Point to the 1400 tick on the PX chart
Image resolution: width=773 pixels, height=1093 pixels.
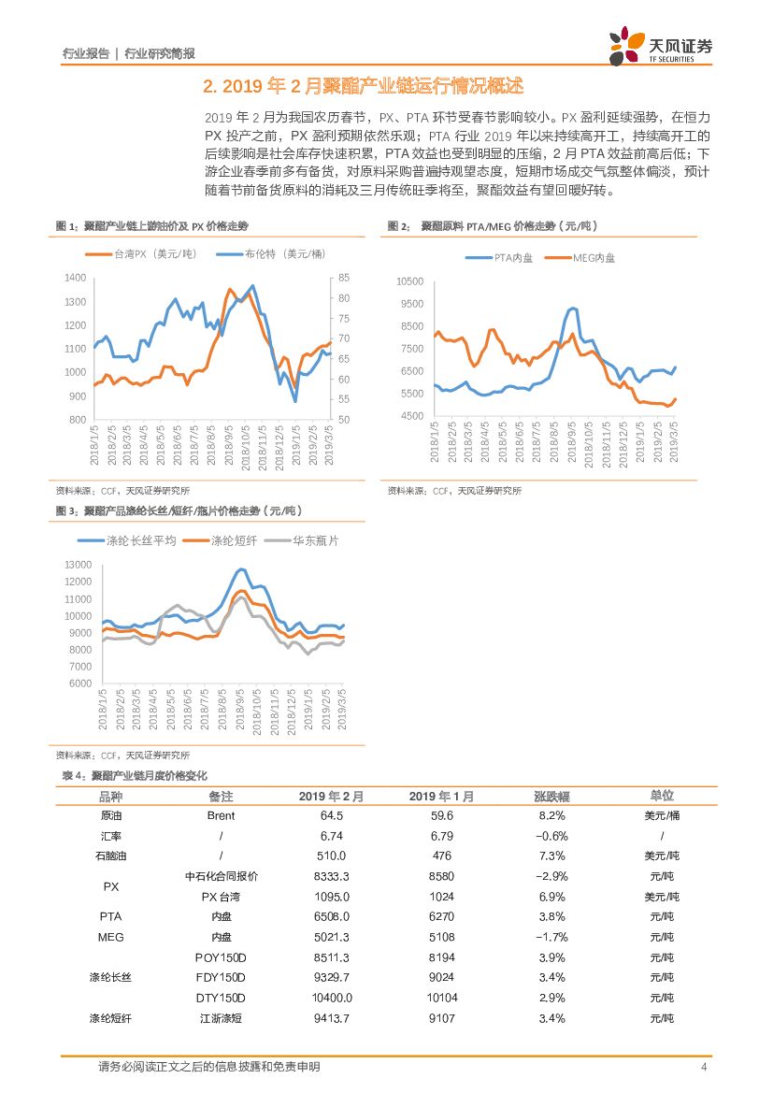point(75,279)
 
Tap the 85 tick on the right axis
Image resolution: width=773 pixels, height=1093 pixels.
point(344,279)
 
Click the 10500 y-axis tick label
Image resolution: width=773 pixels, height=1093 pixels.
point(410,281)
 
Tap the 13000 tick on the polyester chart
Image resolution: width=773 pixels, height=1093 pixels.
point(79,566)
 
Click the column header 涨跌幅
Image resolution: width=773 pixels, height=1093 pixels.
point(551,797)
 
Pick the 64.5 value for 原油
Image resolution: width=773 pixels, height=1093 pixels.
point(333,815)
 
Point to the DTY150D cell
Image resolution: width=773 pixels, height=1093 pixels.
point(221,998)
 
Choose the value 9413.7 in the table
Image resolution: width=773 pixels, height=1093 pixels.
point(333,1018)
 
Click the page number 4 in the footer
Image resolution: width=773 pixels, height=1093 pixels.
point(702,1067)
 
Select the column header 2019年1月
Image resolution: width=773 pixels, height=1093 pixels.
point(441,797)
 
